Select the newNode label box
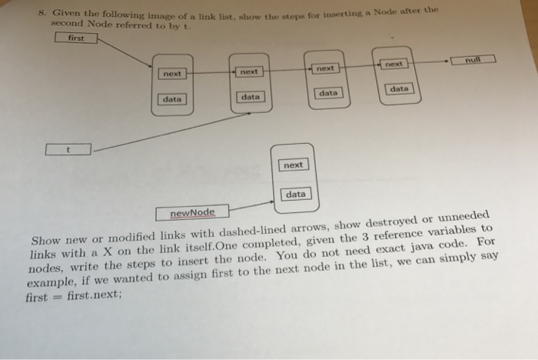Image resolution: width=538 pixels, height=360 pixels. tap(192, 212)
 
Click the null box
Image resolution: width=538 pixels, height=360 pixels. tap(475, 58)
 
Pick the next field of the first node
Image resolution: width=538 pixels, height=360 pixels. tap(172, 74)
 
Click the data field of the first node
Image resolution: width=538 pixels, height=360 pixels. tap(172, 98)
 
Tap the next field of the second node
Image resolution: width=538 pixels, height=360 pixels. tap(248, 72)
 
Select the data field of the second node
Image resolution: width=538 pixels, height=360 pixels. tap(249, 97)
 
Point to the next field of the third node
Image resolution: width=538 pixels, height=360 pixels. tap(326, 68)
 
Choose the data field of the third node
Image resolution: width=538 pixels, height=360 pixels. tap(328, 93)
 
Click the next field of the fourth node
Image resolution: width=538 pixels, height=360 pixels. tap(394, 65)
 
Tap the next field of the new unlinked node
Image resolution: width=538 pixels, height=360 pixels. tap(293, 165)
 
